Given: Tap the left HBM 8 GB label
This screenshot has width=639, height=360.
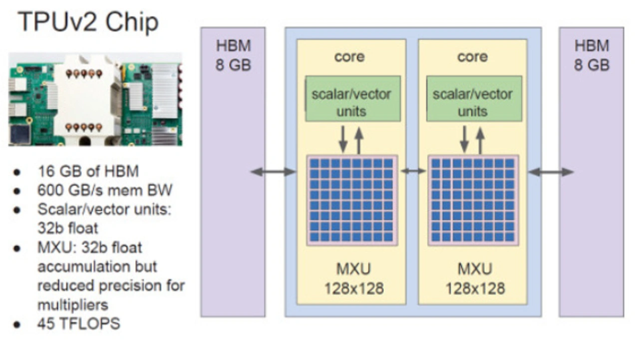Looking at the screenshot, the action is coord(233,55).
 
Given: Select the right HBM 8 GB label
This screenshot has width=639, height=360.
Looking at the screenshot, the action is coord(592,55).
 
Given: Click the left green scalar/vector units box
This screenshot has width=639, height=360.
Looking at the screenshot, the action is coord(353,99).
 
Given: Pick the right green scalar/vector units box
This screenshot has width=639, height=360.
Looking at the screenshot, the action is coord(474,99).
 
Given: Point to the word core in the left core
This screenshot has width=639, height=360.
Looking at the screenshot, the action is coord(349,57).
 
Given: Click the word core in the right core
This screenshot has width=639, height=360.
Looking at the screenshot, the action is coord(472,57).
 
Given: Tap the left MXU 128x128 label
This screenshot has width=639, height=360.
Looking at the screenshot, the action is coord(354,279).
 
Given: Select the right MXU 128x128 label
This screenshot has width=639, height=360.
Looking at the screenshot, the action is coord(475,279).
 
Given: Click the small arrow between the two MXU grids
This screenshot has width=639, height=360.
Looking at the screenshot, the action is coord(413,171).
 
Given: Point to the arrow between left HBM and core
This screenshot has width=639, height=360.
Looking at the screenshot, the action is coord(274,172).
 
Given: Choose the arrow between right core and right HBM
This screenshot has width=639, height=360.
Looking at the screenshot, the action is coord(551,172).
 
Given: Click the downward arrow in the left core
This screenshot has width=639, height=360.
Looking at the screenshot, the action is coord(343,139).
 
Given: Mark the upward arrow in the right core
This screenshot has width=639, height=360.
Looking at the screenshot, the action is coord(480,141).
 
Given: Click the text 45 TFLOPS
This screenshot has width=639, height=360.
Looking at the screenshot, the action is coord(79,324).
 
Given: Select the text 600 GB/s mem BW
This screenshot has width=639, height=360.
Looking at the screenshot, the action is coord(105,190).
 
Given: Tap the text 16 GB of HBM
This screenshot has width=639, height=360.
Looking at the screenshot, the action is coord(88,171).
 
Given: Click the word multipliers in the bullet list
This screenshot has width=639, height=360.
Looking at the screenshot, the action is coord(73,305).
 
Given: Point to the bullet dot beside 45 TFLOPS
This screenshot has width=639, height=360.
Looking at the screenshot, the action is coord(17,325).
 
